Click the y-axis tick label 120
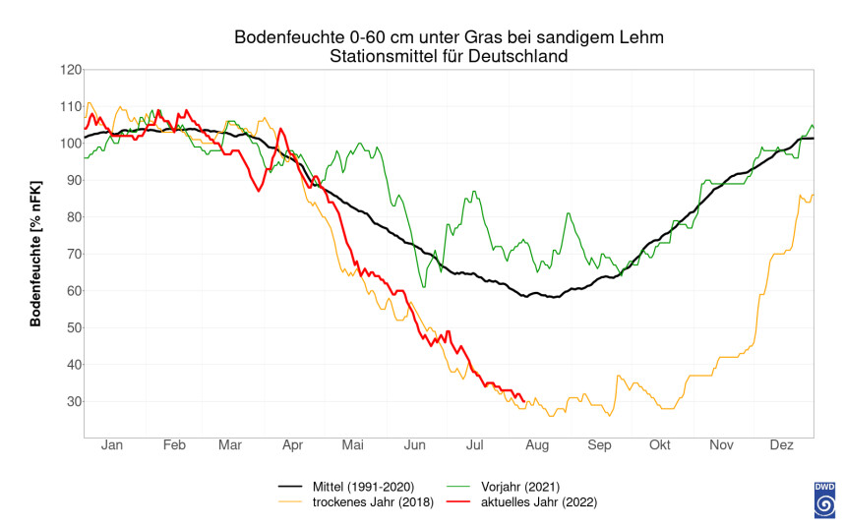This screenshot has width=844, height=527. [68, 70]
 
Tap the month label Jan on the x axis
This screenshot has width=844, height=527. [111, 446]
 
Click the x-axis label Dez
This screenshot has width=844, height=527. [781, 446]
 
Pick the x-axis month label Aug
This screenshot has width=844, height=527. [538, 446]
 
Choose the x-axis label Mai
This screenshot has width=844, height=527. [352, 446]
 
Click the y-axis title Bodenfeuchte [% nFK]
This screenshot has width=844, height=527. [36, 253]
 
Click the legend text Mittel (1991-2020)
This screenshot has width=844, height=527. [363, 486]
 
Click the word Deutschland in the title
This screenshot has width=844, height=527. [520, 56]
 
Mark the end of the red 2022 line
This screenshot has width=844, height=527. [523, 399]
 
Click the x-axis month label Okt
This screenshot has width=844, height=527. [659, 446]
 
